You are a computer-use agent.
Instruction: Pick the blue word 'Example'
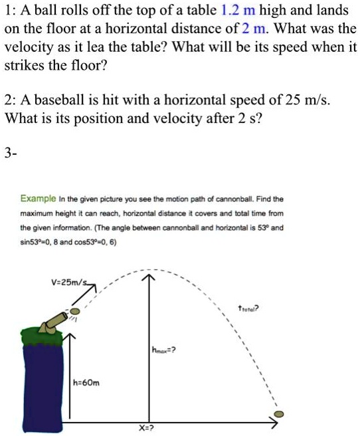38,199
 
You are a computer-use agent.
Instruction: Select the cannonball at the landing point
280,413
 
